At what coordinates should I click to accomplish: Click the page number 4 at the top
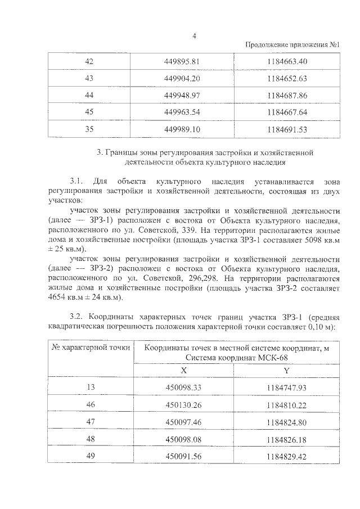tap(193, 35)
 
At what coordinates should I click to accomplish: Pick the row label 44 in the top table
tap(88, 95)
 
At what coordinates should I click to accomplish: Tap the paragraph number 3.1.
tap(76, 182)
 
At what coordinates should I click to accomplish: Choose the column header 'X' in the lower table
tap(184, 370)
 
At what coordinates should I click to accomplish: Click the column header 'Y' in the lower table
tap(286, 370)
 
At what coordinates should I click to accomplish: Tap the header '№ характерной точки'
tap(91, 347)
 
